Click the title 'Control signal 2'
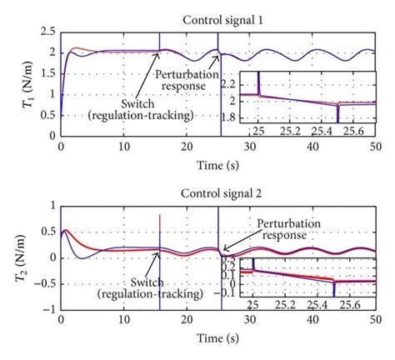(223, 193)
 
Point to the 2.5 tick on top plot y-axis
(49, 32)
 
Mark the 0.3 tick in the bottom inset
(228, 259)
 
